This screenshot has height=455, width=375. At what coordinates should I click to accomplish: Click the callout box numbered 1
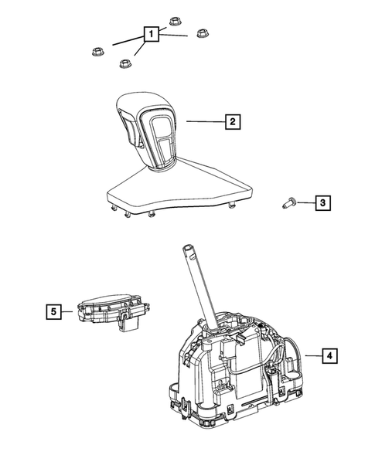click(x=152, y=34)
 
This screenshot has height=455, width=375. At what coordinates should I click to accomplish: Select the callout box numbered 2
click(x=231, y=121)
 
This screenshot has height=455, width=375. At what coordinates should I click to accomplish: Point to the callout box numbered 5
click(x=53, y=311)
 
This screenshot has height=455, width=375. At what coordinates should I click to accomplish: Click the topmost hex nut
click(x=174, y=22)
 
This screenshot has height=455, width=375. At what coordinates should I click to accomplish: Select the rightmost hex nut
click(x=204, y=35)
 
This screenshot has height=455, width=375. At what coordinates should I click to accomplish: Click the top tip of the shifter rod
click(x=189, y=250)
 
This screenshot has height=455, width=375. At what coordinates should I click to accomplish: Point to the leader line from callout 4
click(x=311, y=355)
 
